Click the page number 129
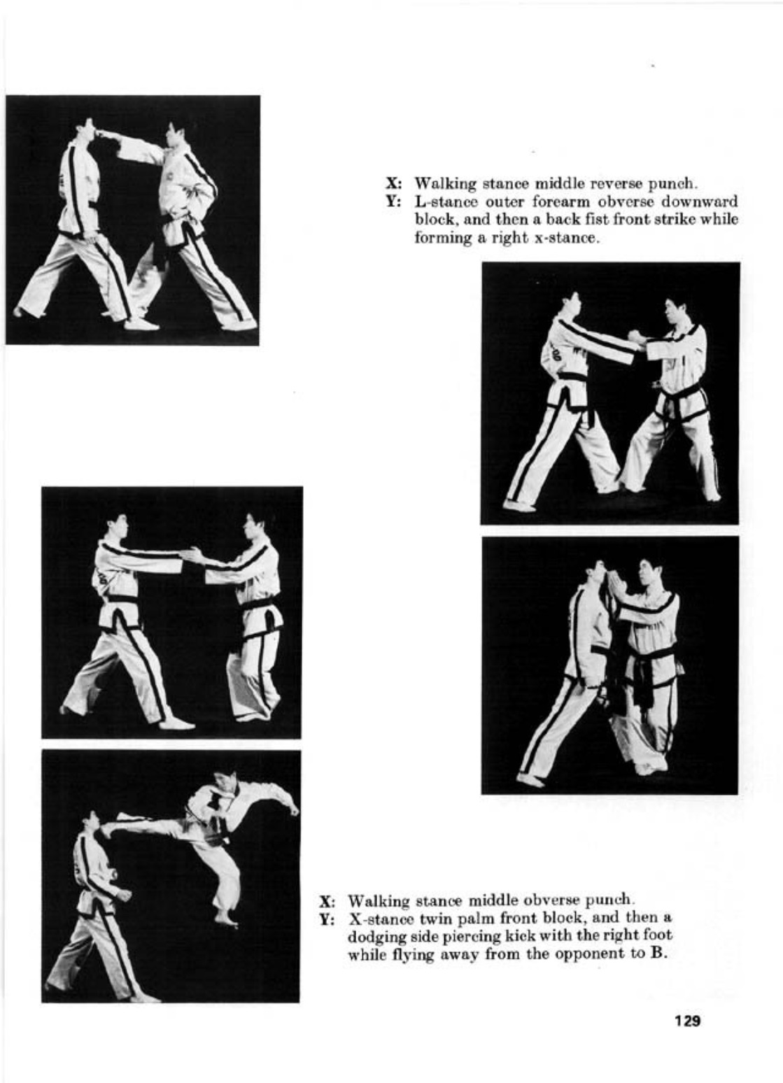688,1021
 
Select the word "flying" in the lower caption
409,954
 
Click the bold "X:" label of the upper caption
395,184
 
